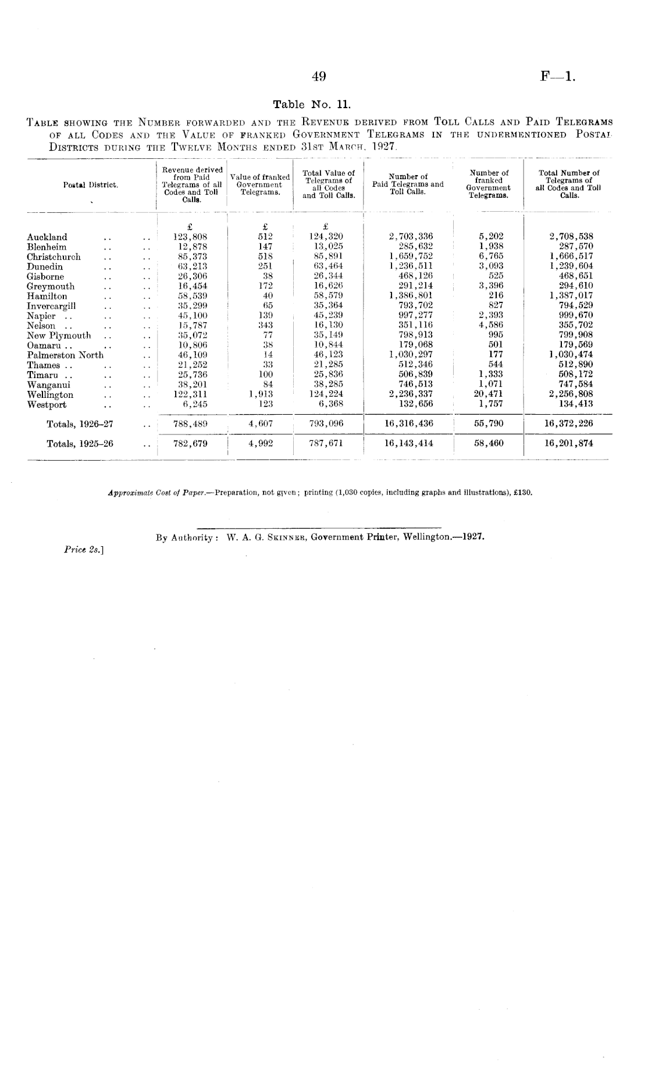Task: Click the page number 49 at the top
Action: [x=319, y=76]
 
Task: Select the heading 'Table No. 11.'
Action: [x=312, y=105]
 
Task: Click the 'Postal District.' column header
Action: [x=91, y=185]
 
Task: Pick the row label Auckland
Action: [x=47, y=237]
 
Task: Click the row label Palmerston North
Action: [x=65, y=355]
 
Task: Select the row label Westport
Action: [x=47, y=405]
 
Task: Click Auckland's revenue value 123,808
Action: [x=191, y=237]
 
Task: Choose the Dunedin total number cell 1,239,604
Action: [x=571, y=266]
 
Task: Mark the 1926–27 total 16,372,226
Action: [x=568, y=423]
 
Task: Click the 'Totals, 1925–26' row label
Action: [x=80, y=444]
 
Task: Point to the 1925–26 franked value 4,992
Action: [x=260, y=443]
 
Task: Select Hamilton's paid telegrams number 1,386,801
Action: [x=410, y=296]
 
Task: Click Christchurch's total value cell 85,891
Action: [x=329, y=256]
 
